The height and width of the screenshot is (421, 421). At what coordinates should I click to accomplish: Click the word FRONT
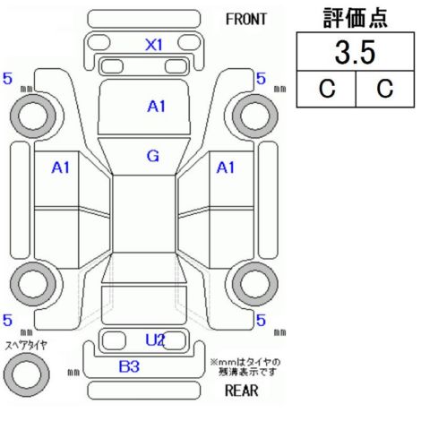pos(245,20)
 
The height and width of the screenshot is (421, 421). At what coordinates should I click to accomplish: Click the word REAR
pos(241,391)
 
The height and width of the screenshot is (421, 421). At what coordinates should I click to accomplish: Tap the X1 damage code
pos(154,45)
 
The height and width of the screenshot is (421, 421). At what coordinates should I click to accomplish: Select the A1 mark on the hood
pos(157,107)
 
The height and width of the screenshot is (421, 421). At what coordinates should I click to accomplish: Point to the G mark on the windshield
pos(153,156)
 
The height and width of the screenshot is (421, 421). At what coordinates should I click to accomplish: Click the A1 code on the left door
pos(61,168)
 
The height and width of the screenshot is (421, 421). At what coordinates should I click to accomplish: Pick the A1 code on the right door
pos(226,168)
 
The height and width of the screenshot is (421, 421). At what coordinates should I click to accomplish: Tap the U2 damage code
pos(155,339)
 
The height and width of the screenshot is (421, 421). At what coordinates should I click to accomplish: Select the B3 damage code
pos(129,366)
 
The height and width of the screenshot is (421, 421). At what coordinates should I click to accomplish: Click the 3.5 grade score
pos(355,52)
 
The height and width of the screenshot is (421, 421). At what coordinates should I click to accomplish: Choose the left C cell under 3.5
pos(327,89)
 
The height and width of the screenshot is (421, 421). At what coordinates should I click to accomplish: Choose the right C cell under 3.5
pos(385,89)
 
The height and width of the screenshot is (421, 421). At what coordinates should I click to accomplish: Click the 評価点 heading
pos(356,18)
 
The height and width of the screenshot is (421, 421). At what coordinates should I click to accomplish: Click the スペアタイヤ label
pos(26,346)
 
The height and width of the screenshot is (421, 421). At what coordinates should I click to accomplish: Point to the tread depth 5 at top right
pos(261,79)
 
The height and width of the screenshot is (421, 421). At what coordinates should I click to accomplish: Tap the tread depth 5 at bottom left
pos(7,320)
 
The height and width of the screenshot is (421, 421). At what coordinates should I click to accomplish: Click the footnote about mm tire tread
pos(245,367)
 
